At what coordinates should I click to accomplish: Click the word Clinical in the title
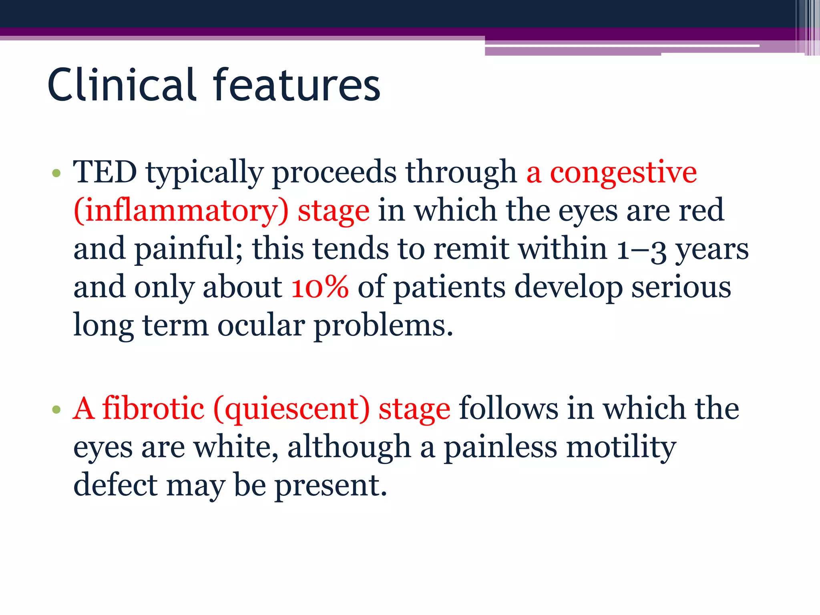click(x=122, y=85)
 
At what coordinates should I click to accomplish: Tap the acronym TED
click(x=105, y=172)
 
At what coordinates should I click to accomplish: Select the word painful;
click(x=188, y=249)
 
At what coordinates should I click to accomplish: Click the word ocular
click(x=261, y=325)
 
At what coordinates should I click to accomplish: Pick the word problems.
click(x=383, y=326)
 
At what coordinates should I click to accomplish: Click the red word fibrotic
click(x=153, y=409)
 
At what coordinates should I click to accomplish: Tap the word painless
click(x=500, y=447)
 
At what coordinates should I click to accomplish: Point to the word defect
click(x=116, y=485)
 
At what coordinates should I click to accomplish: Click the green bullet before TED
click(x=56, y=173)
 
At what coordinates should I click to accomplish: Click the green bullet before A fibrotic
click(x=56, y=410)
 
